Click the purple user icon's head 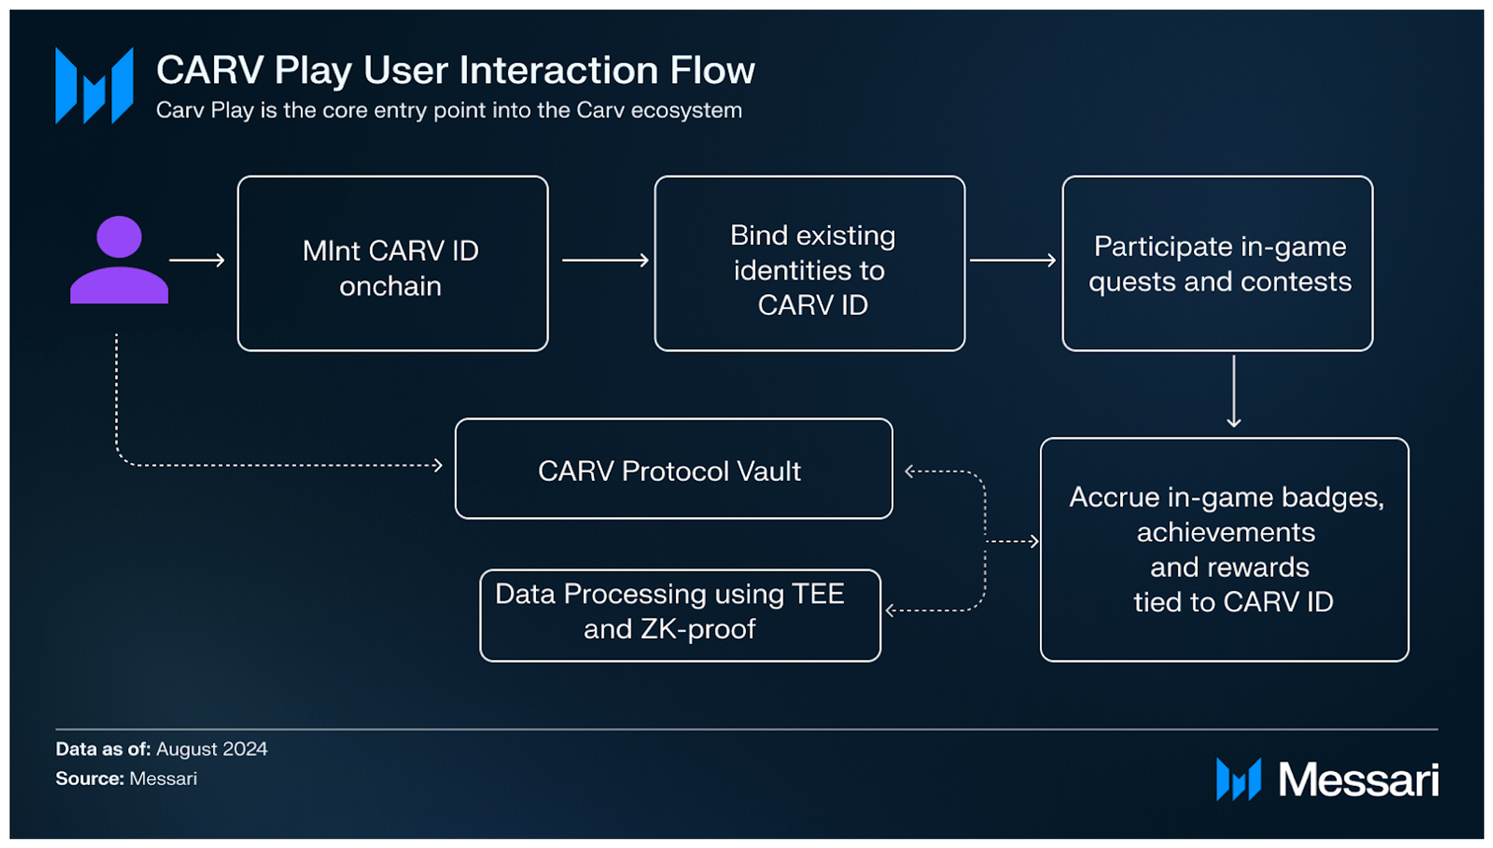(119, 237)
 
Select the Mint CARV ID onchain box (392, 263)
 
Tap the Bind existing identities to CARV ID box (809, 263)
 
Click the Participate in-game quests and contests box (1217, 263)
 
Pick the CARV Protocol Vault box (673, 469)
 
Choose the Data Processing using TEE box (680, 615)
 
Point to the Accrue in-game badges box (1224, 549)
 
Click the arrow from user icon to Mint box (197, 260)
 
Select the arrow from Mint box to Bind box (605, 260)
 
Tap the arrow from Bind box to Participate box (1013, 260)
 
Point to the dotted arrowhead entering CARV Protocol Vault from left (438, 465)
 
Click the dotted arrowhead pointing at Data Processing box (890, 610)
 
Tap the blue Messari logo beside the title (94, 85)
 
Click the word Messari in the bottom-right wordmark (1358, 779)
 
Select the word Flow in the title (712, 70)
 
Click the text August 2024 (211, 749)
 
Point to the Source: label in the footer (89, 778)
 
